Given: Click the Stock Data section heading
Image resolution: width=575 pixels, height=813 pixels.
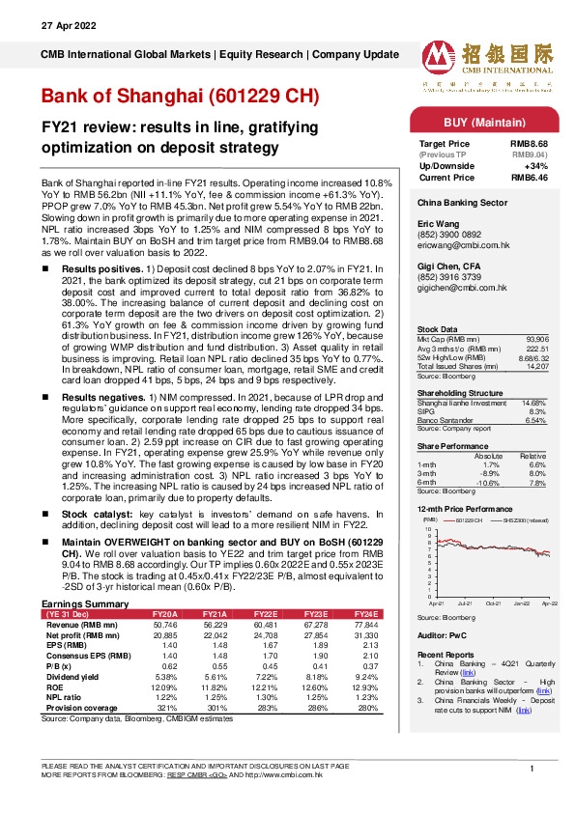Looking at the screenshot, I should click(438, 328).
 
